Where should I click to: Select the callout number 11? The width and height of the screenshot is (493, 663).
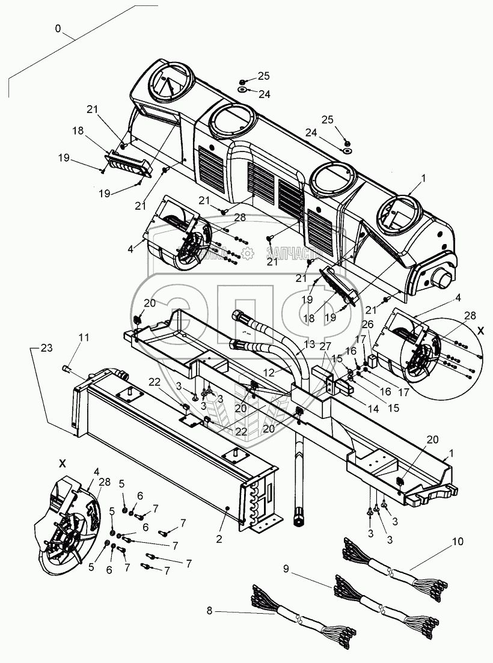coord(83,338)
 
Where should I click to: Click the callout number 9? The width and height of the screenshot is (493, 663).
coord(287,567)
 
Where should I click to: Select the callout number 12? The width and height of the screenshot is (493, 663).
coord(269,373)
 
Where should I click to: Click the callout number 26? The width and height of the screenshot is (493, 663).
coord(367,325)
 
